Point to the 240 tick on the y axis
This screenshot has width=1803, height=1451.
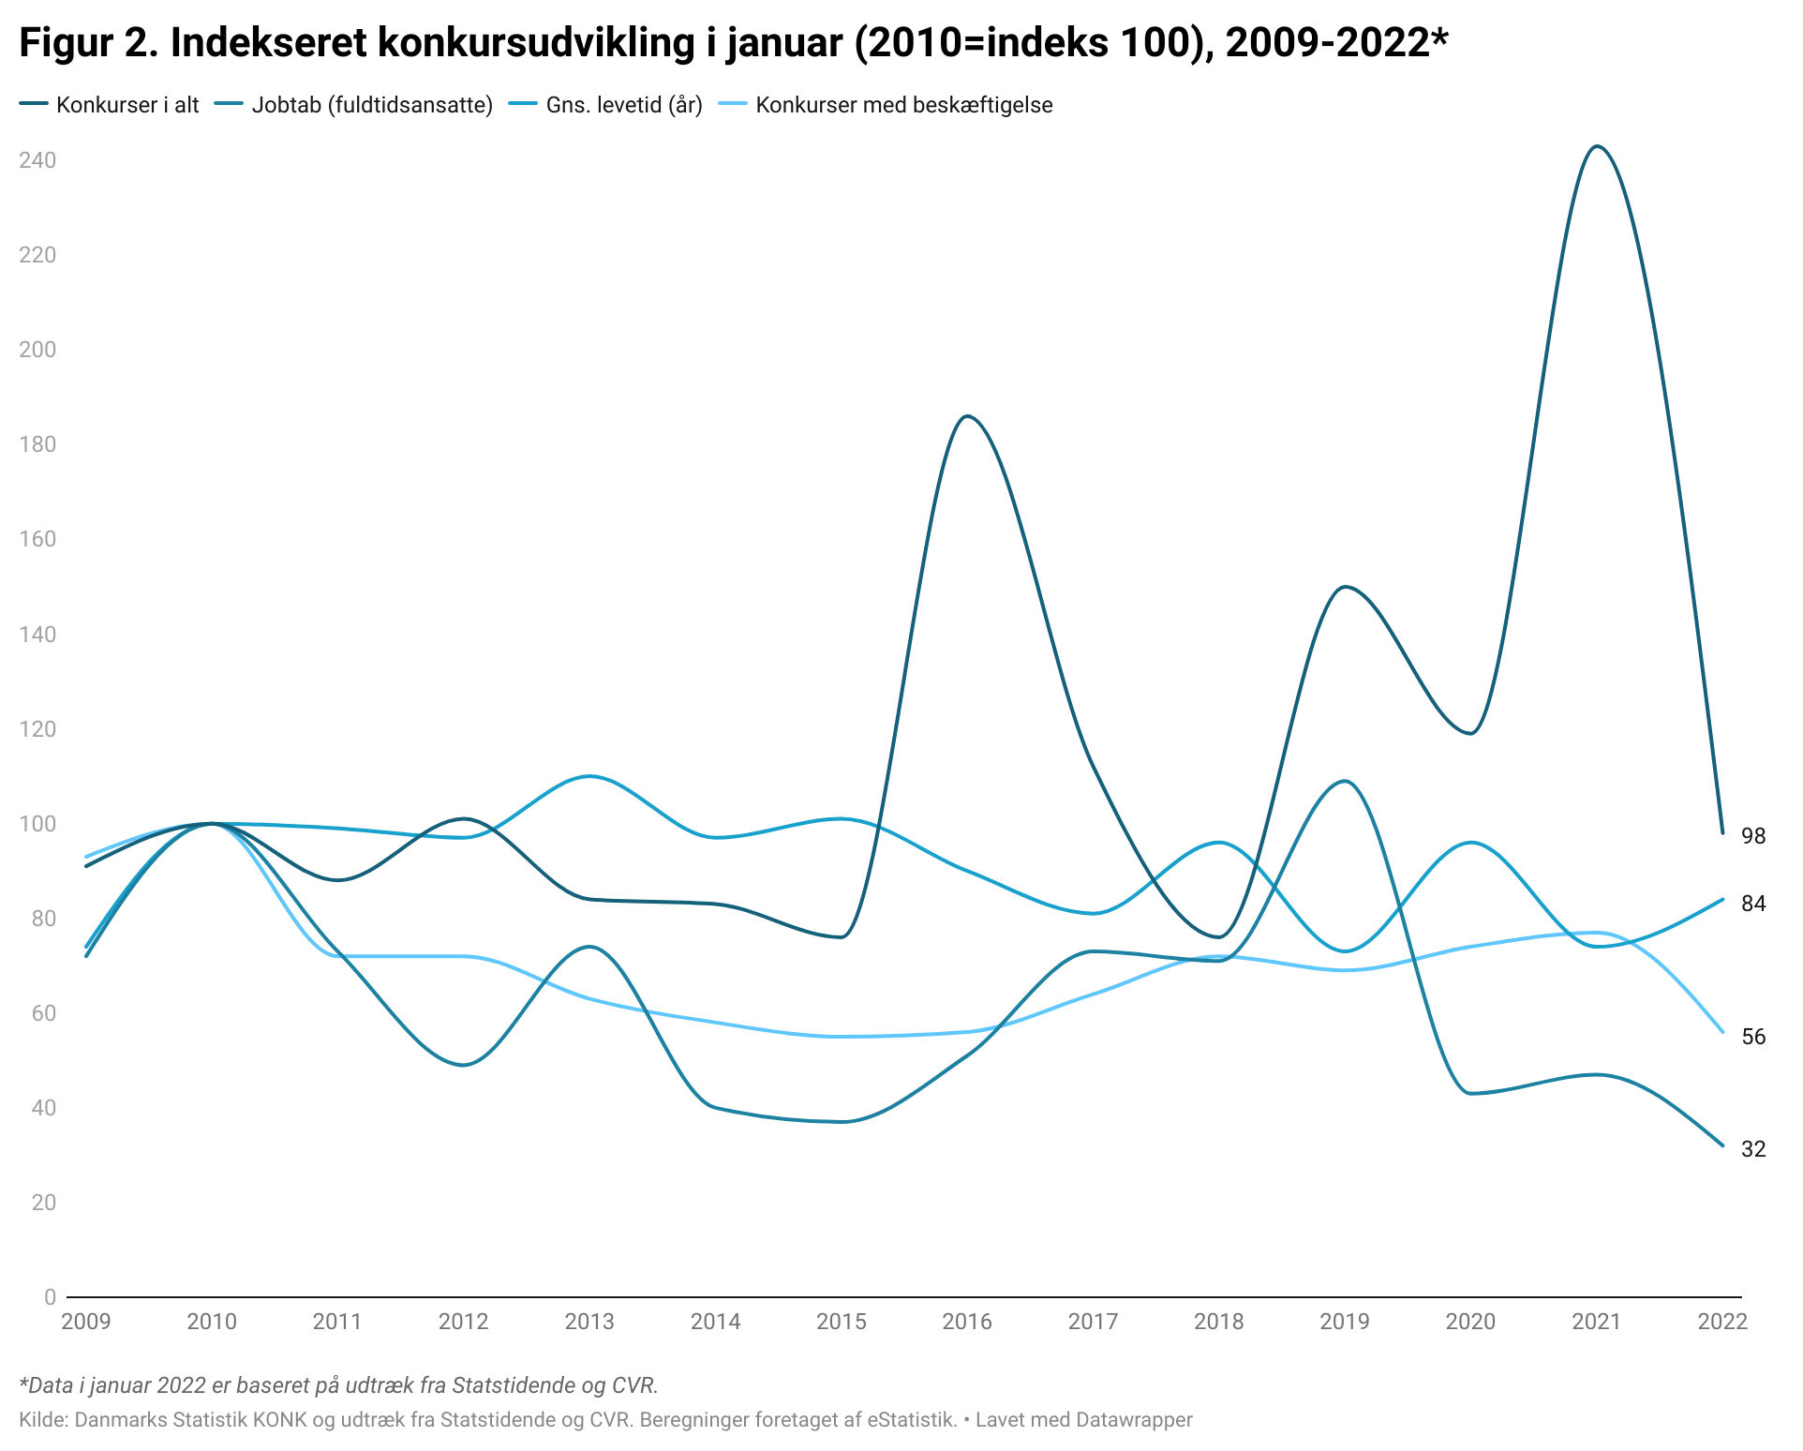[37, 160]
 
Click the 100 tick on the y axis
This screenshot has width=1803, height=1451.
[37, 824]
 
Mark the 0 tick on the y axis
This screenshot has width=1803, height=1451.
[50, 1297]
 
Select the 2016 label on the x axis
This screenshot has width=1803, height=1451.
[966, 1322]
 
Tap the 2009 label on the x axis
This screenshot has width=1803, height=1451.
[85, 1322]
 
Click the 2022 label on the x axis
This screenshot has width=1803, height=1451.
[1721, 1322]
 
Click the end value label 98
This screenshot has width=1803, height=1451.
[1753, 836]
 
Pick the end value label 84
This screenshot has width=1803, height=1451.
[1753, 904]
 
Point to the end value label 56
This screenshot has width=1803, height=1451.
[1753, 1037]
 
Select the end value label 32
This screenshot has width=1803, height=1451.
[1753, 1148]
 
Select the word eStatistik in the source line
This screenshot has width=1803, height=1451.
[911, 1420]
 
